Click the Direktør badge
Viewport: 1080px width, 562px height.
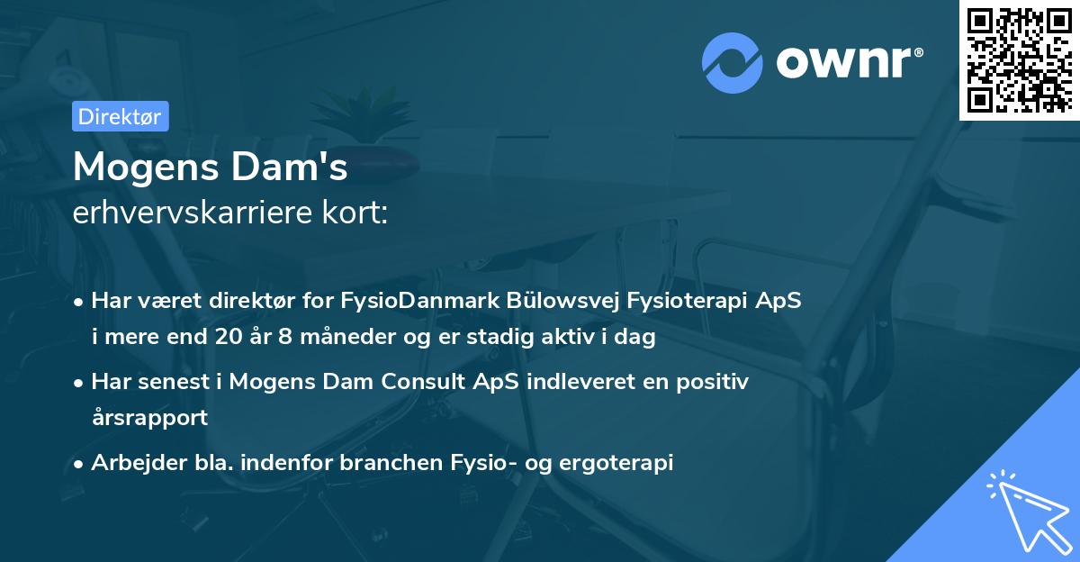(x=120, y=116)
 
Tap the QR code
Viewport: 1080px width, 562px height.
(x=1020, y=60)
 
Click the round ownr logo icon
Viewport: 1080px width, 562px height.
(x=733, y=62)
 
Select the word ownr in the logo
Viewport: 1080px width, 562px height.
(x=842, y=62)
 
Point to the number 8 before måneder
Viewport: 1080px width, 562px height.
(x=290, y=338)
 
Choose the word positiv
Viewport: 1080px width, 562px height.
(x=716, y=382)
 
